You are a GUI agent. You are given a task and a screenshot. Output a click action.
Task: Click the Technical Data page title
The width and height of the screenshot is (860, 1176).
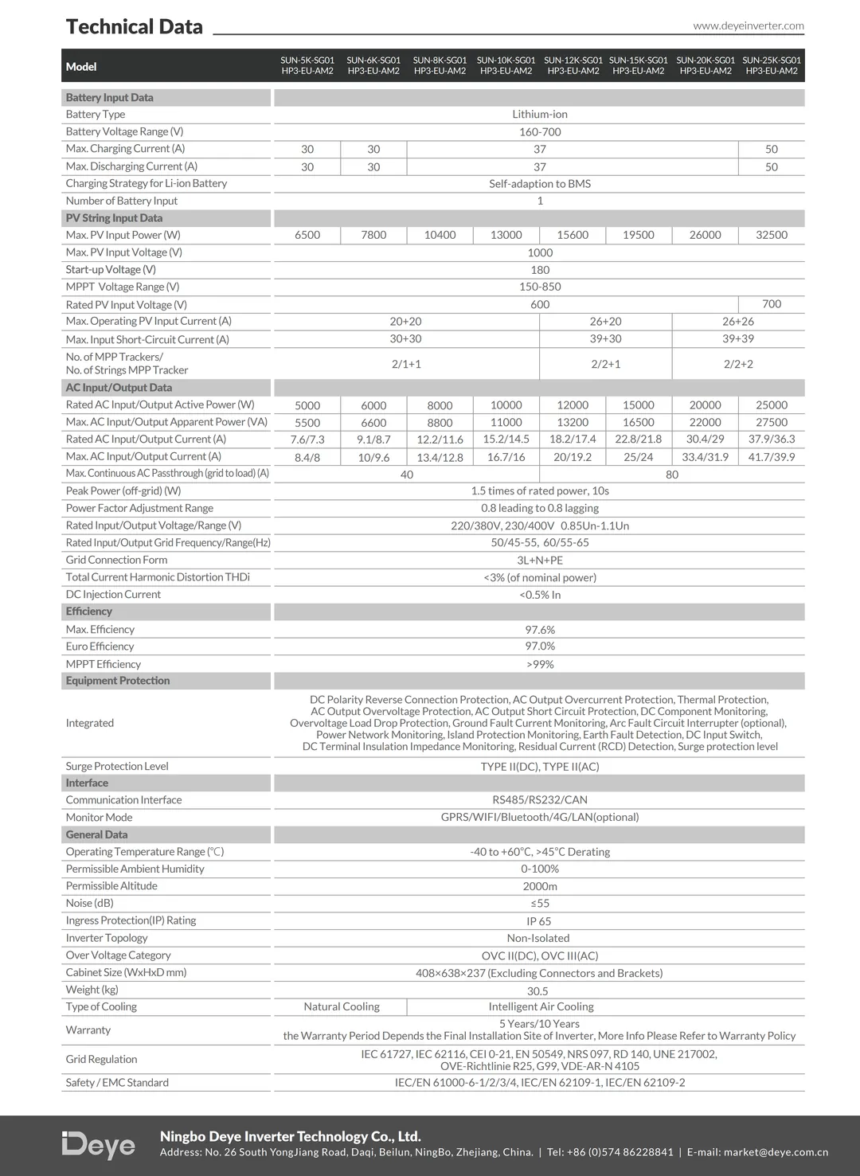point(134,27)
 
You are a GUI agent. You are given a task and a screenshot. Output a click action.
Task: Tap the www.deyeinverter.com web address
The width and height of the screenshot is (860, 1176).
point(748,25)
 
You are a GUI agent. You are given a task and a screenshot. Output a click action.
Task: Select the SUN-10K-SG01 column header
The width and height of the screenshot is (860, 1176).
point(506,65)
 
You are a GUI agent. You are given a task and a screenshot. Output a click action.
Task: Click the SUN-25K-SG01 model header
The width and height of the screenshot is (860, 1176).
point(771,65)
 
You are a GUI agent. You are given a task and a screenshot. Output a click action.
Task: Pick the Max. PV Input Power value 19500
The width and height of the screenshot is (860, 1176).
point(638,235)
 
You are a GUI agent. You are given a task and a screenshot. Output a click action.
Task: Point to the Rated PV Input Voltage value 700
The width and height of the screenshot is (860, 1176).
point(771,304)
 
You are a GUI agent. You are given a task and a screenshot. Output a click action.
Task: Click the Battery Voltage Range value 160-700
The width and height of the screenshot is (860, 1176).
point(539,131)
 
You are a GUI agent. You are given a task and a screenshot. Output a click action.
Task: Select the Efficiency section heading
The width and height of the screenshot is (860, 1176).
point(89,611)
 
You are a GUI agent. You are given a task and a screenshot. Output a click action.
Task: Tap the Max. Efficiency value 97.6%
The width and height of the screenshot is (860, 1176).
point(539,630)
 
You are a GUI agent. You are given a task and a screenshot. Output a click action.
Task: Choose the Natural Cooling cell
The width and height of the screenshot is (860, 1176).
point(341,1006)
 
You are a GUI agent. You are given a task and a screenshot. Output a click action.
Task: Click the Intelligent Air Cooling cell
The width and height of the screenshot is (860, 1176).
point(541,1006)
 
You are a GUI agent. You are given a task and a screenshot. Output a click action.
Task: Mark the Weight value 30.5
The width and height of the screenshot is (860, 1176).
point(537,990)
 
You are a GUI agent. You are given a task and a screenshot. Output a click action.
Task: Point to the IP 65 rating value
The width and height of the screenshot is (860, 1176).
point(538,921)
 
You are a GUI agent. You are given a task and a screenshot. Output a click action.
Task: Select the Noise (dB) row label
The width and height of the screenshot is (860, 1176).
point(90,903)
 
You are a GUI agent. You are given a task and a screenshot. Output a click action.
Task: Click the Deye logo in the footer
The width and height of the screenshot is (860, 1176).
point(99,1145)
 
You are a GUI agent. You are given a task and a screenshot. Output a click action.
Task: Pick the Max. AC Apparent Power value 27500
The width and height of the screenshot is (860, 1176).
point(771,423)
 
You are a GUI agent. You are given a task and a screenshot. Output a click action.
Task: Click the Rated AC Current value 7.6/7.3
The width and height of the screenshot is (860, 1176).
point(307,440)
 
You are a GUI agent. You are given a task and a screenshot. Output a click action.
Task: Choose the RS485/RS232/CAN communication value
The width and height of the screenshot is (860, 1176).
point(539,800)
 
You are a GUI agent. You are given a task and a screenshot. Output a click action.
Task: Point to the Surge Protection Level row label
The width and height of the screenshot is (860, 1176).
point(117,766)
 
